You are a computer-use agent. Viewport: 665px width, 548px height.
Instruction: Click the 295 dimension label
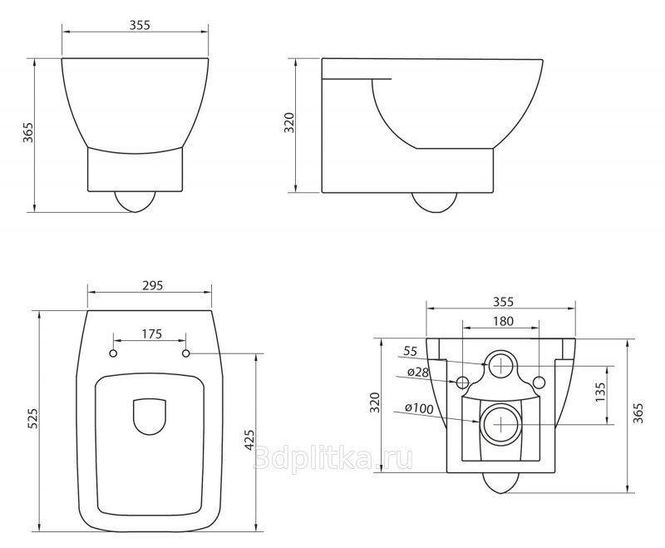[152, 285]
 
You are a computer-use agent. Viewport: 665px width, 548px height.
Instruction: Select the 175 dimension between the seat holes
[152, 333]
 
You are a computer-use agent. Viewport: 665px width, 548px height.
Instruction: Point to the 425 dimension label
[249, 440]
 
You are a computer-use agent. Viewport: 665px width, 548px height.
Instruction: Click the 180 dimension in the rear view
[503, 321]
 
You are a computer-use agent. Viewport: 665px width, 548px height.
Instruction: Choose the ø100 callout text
[419, 408]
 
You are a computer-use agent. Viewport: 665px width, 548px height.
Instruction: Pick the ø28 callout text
[418, 373]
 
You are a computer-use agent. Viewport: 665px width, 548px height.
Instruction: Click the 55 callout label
[410, 351]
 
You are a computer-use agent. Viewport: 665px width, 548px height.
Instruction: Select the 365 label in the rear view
[638, 413]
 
